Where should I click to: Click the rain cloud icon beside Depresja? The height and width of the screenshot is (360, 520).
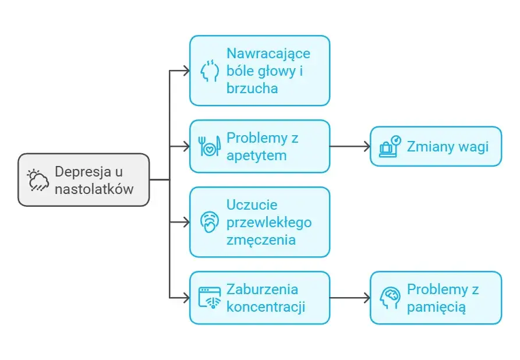pos(39,179)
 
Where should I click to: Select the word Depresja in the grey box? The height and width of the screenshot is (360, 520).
pos(81,172)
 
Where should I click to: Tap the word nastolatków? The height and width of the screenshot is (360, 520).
pos(94,189)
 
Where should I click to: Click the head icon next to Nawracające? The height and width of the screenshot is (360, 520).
pos(210,70)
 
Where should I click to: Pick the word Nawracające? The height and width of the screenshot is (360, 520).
pos(268,54)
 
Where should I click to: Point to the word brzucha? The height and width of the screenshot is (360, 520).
pos(252,88)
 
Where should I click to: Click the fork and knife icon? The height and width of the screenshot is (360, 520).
pos(209,146)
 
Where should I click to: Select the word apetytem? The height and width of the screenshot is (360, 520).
pos(256,155)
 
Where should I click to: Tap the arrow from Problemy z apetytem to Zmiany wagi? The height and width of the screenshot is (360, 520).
pos(349,146)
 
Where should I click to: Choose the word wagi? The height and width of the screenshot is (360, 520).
pos(473,146)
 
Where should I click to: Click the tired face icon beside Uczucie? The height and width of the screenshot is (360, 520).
pos(209,222)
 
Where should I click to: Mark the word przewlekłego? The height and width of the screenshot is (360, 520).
pos(268,223)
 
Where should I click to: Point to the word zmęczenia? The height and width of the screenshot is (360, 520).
pos(261,239)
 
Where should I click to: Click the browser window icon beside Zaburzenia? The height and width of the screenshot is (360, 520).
pos(210,297)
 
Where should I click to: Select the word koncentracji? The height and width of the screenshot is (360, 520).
pos(266,306)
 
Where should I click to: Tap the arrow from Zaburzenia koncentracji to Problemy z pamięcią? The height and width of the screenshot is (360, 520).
pos(349,298)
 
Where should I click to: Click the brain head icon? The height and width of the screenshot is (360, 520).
pos(390,298)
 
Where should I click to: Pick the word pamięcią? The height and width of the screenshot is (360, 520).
pos(436,306)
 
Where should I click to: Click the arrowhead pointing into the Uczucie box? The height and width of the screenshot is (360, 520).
pos(186,222)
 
